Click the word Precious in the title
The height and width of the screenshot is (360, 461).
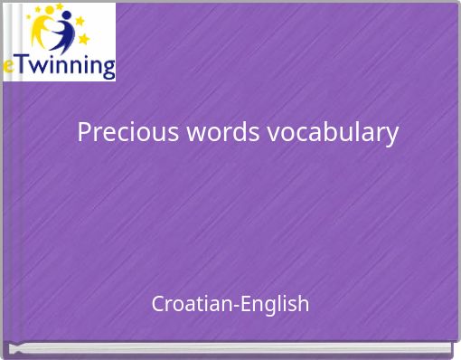coord(128,132)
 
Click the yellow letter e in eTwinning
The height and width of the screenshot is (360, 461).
coord(8,67)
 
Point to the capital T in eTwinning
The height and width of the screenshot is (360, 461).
coord(21,64)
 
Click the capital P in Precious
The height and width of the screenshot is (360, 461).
coord(84,132)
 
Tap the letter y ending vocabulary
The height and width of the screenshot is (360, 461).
coord(391,135)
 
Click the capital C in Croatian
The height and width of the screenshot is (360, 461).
coord(158,303)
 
